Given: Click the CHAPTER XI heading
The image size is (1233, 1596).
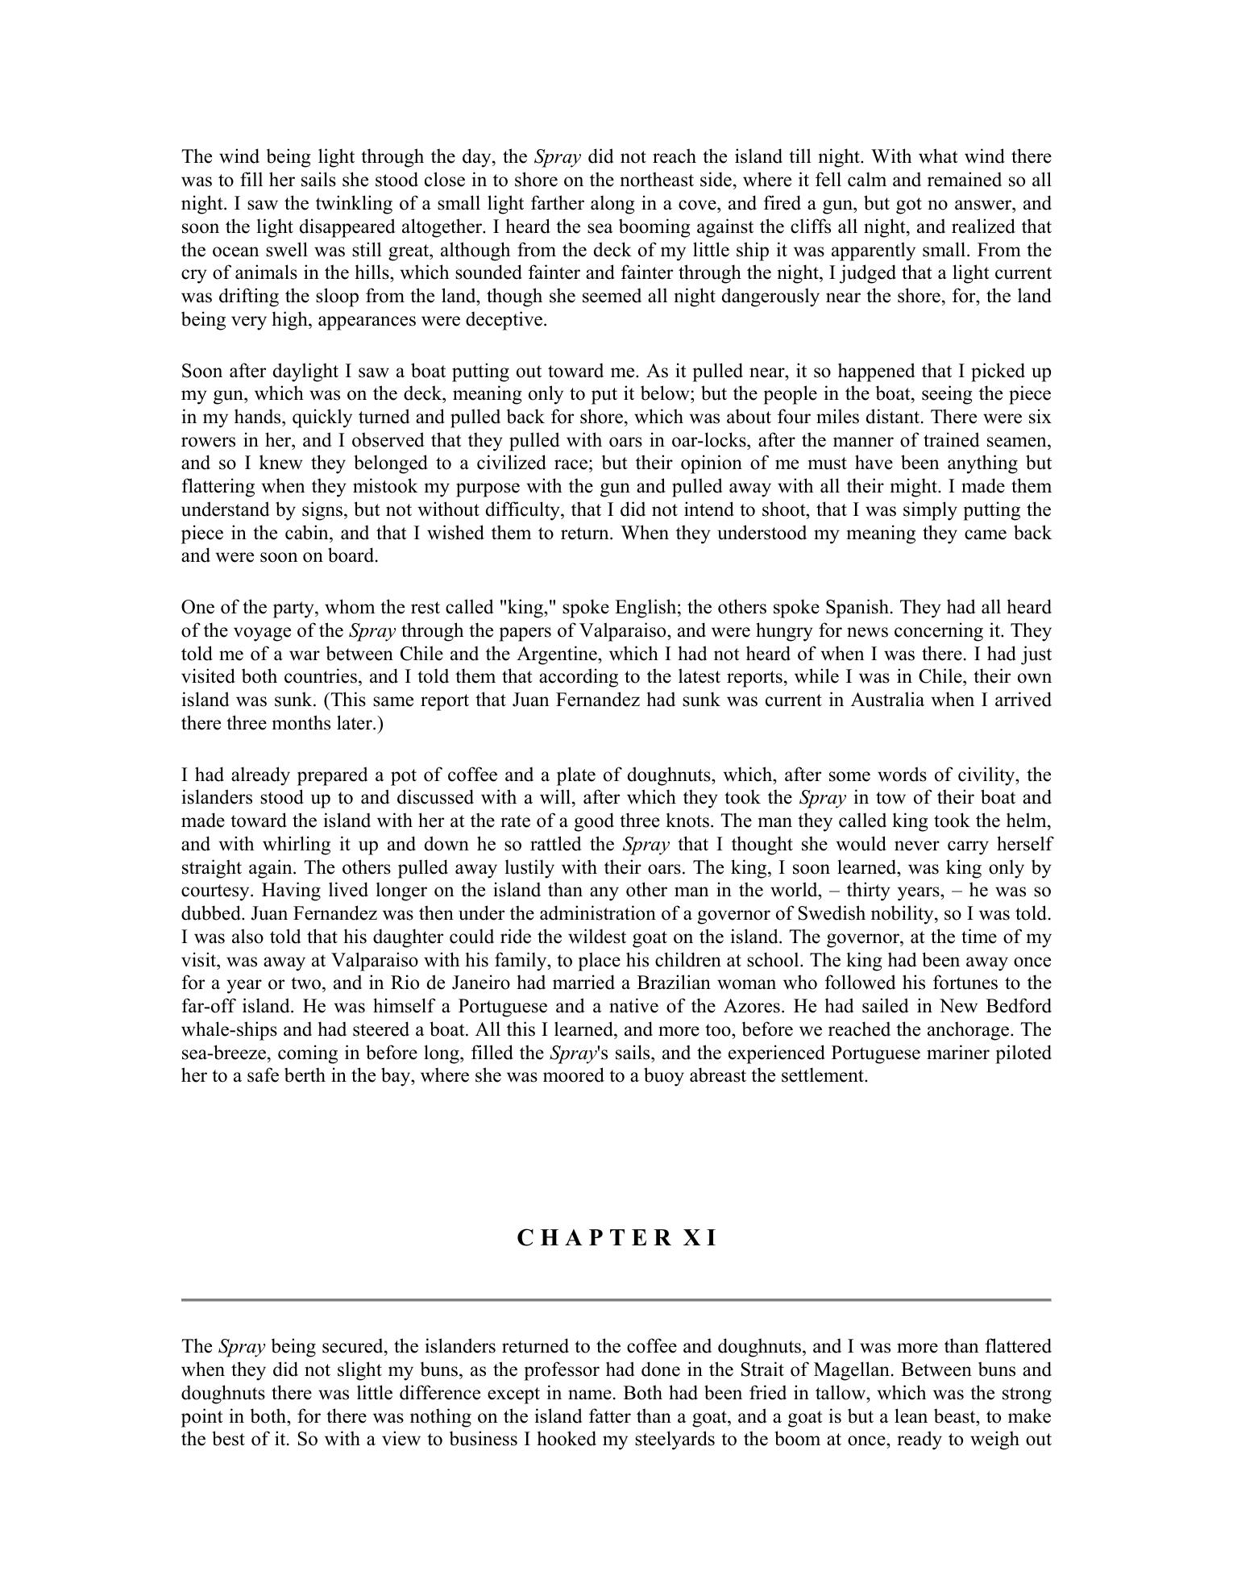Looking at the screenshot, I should pos(616,1239).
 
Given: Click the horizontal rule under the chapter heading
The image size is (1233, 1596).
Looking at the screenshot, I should pos(616,1299).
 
